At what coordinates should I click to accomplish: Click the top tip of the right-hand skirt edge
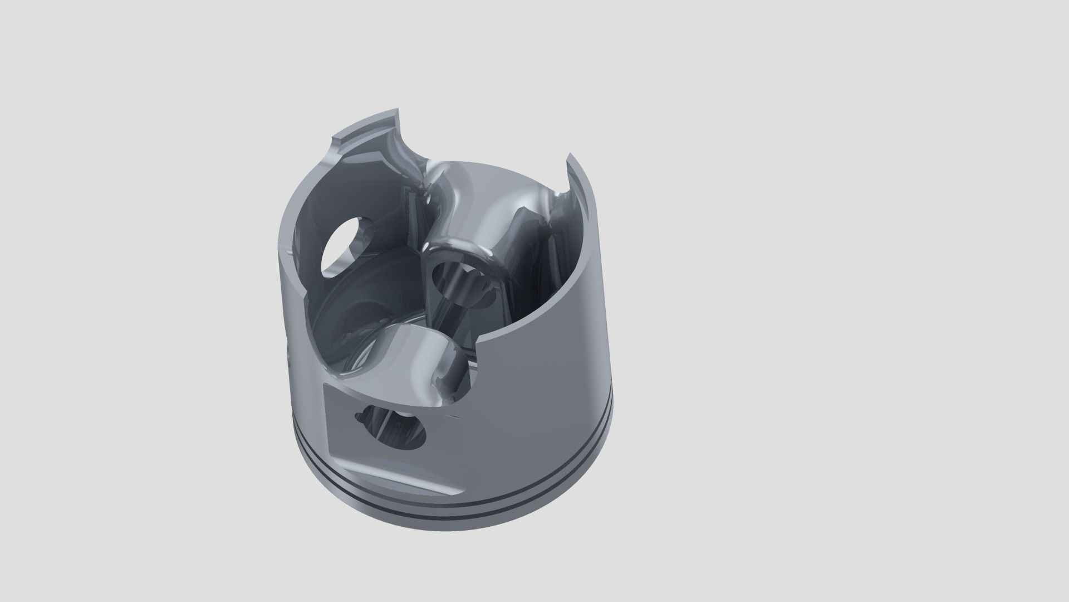(x=569, y=157)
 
